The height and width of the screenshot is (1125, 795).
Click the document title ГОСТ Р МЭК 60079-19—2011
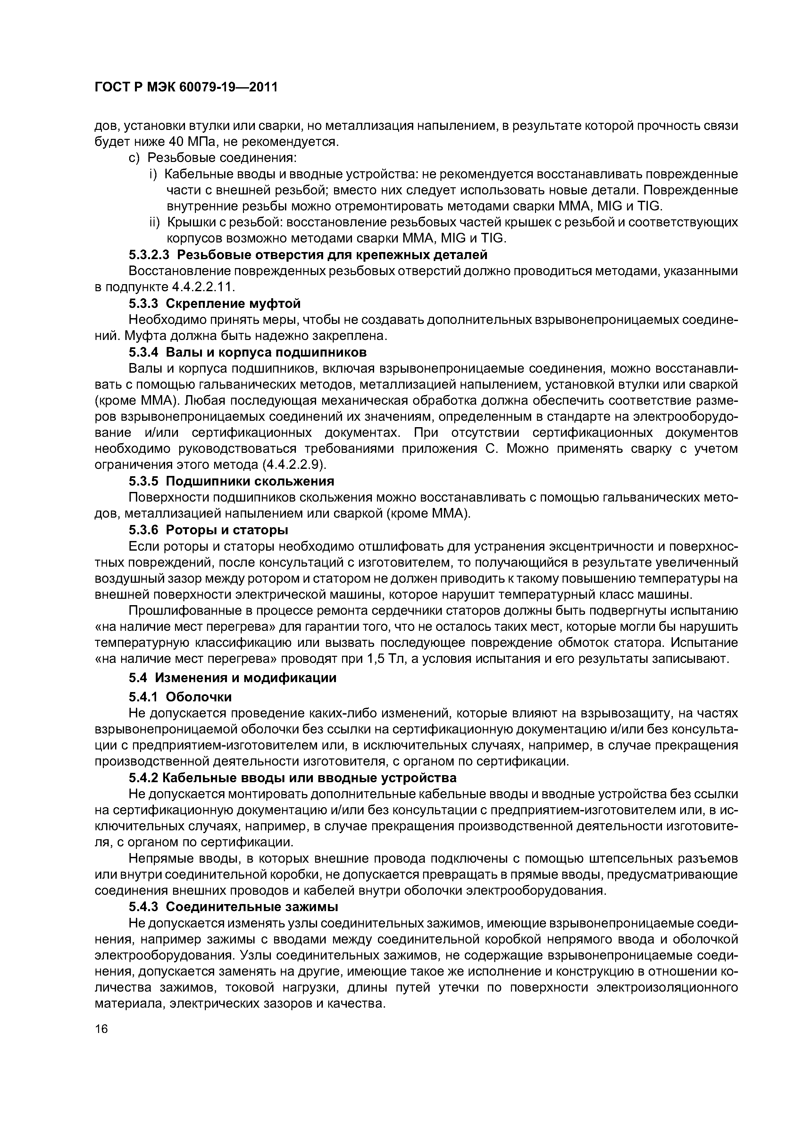pos(186,87)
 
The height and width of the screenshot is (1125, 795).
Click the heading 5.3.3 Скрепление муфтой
pos(214,304)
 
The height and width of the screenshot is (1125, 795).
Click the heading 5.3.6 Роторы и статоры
pos(208,530)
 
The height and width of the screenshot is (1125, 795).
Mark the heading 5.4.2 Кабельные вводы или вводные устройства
pos(292,778)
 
